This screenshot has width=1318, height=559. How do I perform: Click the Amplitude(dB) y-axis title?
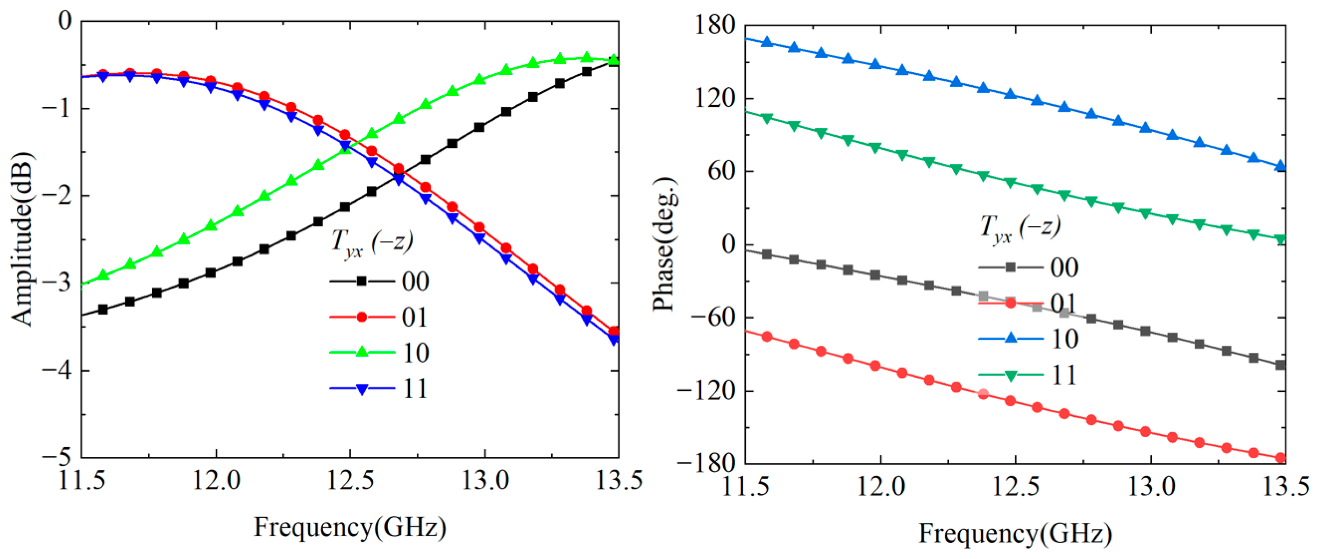pyautogui.click(x=21, y=239)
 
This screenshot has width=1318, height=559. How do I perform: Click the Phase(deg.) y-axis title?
pyautogui.click(x=664, y=244)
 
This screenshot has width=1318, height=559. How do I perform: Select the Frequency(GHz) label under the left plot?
pyautogui.click(x=350, y=527)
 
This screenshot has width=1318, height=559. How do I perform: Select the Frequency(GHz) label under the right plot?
pyautogui.click(x=1015, y=533)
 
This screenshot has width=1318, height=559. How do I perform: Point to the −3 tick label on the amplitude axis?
pyautogui.click(x=57, y=283)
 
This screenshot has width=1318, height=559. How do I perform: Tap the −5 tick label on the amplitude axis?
pyautogui.click(x=57, y=457)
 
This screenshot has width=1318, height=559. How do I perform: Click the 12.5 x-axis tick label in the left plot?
pyautogui.click(x=350, y=481)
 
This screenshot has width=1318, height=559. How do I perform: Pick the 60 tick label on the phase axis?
pyautogui.click(x=721, y=171)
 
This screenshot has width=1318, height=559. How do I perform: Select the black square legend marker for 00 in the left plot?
pyautogui.click(x=362, y=281)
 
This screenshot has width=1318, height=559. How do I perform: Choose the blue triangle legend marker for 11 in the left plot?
pyautogui.click(x=362, y=388)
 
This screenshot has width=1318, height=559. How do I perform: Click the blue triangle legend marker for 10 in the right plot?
pyautogui.click(x=1011, y=338)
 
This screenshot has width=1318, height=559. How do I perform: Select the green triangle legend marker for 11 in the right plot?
pyautogui.click(x=1011, y=376)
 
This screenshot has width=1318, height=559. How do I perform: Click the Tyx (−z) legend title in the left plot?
pyautogui.click(x=372, y=243)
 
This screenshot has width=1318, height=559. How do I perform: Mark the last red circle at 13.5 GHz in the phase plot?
pyautogui.click(x=1281, y=458)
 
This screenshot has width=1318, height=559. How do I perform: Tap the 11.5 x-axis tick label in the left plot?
pyautogui.click(x=82, y=481)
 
